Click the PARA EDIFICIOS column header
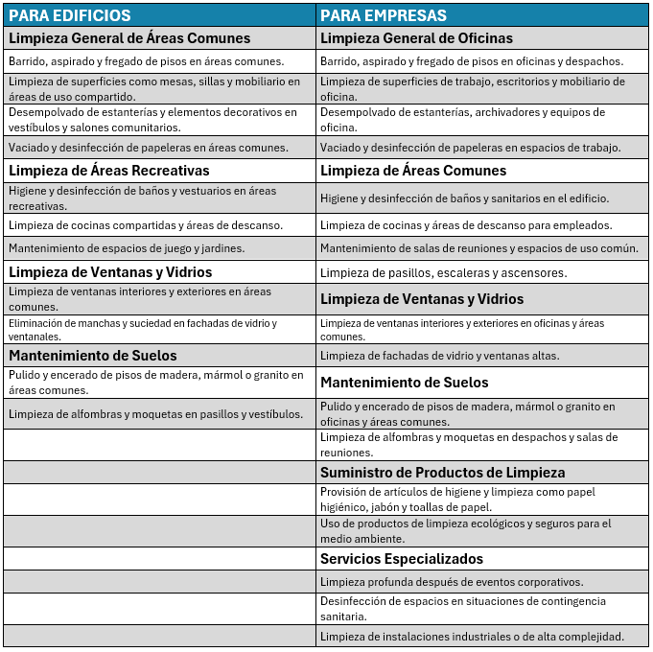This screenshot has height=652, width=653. pyautogui.click(x=70, y=15)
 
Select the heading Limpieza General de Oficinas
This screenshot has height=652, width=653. pyautogui.click(x=416, y=38)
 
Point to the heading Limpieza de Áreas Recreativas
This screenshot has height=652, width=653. pyautogui.click(x=108, y=171)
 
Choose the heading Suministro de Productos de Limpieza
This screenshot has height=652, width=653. pyautogui.click(x=442, y=473)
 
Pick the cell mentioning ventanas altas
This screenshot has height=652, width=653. pyautogui.click(x=439, y=356)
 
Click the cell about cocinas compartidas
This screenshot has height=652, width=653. pyautogui.click(x=146, y=225)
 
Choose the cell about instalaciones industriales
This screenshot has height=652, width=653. pyautogui.click(x=472, y=636)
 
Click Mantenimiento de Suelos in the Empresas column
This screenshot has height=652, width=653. pyautogui.click(x=404, y=383)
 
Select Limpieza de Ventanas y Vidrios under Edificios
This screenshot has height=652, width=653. pyautogui.click(x=110, y=272)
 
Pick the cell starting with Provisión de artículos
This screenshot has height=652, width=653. pyautogui.click(x=457, y=500)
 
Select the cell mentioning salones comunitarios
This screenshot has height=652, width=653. pyautogui.click(x=152, y=120)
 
